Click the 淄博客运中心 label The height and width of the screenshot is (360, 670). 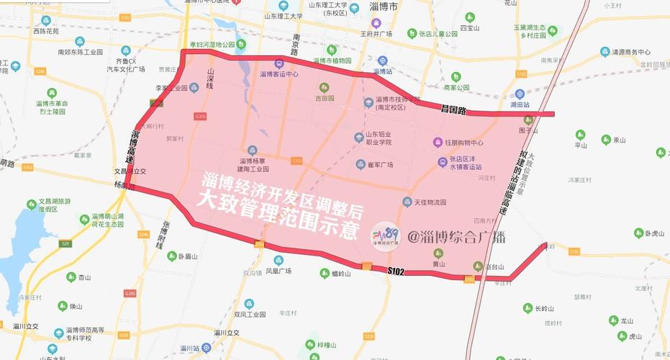(x=279, y=73)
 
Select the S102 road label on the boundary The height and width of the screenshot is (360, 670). (x=396, y=271)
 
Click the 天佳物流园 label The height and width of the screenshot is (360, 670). (x=430, y=202)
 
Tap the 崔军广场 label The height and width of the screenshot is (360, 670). (x=379, y=164)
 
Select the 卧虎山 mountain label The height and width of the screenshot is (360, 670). (x=656, y=233)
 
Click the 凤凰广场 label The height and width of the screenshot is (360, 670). (x=278, y=271)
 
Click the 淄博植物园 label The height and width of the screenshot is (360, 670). (x=332, y=60)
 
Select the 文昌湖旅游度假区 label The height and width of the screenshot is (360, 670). (x=54, y=205)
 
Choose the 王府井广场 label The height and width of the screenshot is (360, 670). (x=376, y=33)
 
